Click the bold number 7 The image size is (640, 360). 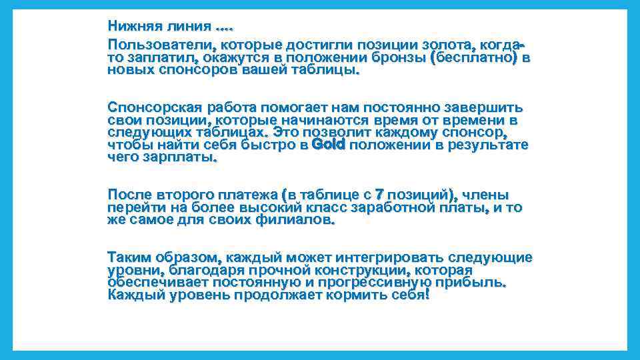[379, 195]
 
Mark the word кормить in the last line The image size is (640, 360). [353, 295]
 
